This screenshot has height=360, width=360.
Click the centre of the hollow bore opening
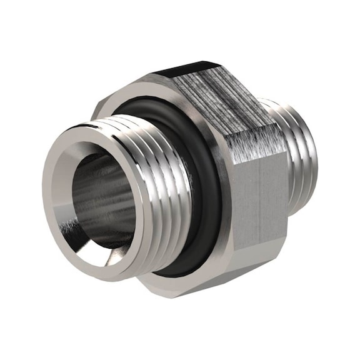coord(100,199)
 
